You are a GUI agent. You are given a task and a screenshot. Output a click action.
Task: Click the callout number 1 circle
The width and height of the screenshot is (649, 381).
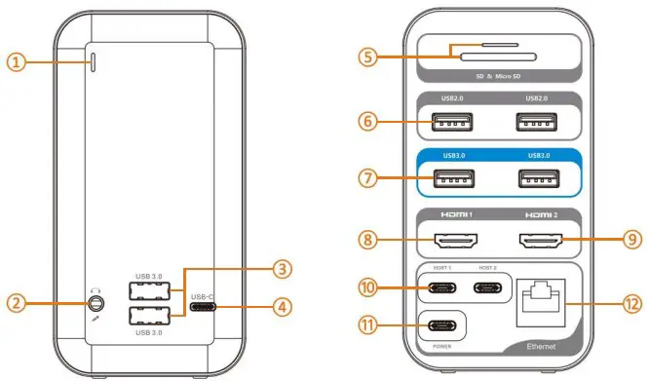pos(15,62)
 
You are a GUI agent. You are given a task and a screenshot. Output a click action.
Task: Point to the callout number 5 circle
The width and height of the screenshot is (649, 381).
pos(367,57)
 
